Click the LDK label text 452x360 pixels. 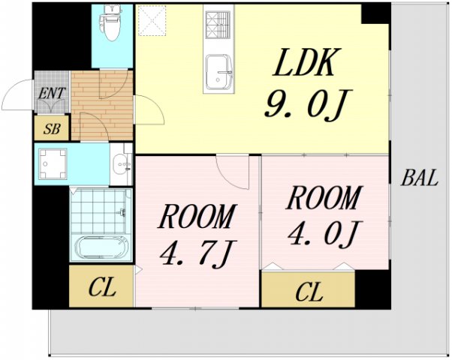[307, 62]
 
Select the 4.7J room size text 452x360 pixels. [198, 254]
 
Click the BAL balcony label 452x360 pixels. [420, 178]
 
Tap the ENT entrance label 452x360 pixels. [52, 94]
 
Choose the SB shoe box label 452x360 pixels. [52, 129]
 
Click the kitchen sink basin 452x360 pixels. [219, 70]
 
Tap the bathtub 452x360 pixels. [101, 247]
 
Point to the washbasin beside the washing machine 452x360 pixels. [122, 165]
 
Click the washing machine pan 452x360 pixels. [53, 163]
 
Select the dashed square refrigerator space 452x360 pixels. [152, 21]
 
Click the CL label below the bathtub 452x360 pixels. [102, 286]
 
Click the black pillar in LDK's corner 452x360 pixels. [375, 13]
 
